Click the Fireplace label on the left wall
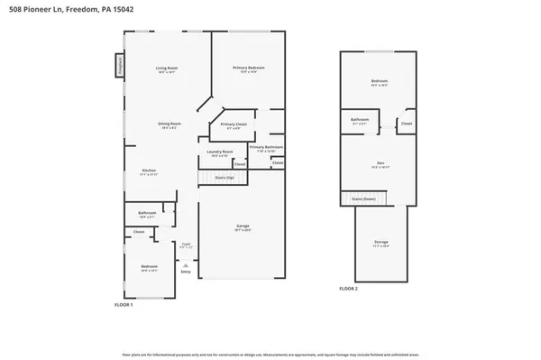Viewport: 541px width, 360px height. click(x=118, y=66)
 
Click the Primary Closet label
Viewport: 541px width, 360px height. click(x=234, y=125)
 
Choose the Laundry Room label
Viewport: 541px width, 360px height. click(x=221, y=152)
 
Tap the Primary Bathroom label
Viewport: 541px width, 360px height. click(x=267, y=146)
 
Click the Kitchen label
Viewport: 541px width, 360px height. click(x=150, y=171)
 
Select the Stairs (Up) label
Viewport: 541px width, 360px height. click(x=225, y=179)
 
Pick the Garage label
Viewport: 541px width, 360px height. click(x=243, y=226)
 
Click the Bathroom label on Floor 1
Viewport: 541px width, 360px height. click(x=148, y=213)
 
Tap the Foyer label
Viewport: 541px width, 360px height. click(x=186, y=244)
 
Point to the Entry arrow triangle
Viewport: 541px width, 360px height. click(x=186, y=265)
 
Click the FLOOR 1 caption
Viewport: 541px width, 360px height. click(x=124, y=305)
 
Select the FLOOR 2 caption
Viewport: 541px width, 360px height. click(x=348, y=288)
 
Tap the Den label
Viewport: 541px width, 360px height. click(x=381, y=163)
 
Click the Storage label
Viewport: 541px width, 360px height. click(x=381, y=241)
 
